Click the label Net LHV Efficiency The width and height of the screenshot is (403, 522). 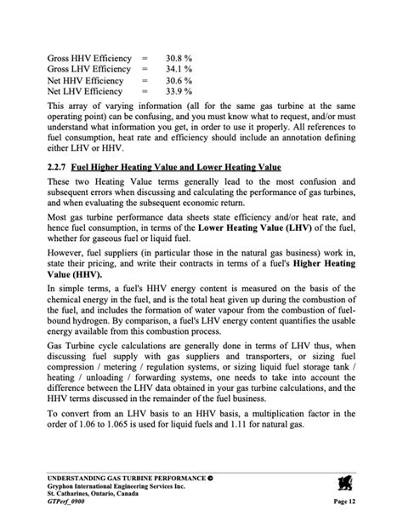[x=86, y=91]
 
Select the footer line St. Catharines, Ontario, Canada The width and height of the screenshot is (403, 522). [x=100, y=494]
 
